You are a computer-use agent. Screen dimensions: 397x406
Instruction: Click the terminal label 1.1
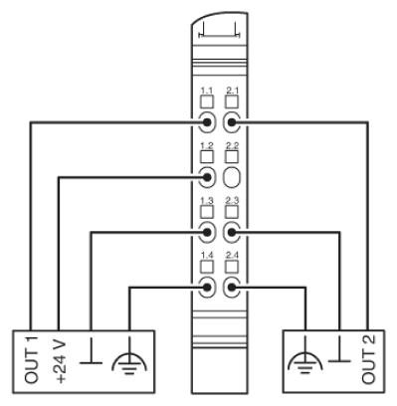click(207, 91)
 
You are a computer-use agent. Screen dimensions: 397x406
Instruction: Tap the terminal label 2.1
click(232, 91)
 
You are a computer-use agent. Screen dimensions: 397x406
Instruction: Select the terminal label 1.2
click(207, 146)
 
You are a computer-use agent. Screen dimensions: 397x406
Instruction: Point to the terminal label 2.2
click(232, 146)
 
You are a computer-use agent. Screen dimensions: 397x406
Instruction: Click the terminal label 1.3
click(207, 201)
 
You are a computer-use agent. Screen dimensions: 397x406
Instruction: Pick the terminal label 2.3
click(232, 201)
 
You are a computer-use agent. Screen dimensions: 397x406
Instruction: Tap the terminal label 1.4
click(207, 256)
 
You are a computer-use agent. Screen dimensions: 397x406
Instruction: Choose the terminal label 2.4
click(232, 256)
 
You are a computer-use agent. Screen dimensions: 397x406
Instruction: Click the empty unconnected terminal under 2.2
click(231, 177)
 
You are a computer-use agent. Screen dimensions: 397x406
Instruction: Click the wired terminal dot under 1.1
click(207, 122)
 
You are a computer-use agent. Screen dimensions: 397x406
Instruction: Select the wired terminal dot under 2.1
click(232, 122)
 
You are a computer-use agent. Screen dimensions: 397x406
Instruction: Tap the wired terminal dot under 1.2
click(207, 177)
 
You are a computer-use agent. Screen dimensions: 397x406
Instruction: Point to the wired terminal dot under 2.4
click(232, 287)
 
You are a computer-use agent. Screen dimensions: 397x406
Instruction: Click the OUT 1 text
click(32, 360)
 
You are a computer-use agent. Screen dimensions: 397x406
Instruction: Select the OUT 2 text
click(368, 359)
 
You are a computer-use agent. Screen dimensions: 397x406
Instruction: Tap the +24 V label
click(60, 361)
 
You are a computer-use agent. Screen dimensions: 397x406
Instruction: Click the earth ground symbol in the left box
click(129, 361)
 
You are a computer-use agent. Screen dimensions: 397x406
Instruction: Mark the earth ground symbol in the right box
click(305, 361)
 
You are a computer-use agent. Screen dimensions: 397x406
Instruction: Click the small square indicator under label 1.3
click(207, 212)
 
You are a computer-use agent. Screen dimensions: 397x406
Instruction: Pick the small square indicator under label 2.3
click(232, 212)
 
